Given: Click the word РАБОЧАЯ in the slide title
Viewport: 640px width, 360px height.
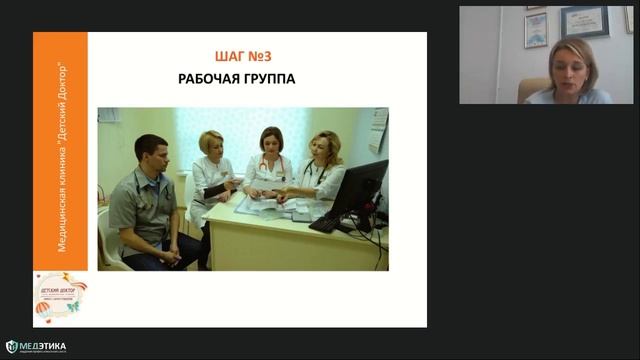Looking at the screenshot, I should click(x=214, y=77).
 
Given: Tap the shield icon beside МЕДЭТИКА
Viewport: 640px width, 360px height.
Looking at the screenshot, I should click(x=12, y=347).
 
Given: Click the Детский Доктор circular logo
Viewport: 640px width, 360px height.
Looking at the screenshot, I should click(x=60, y=297).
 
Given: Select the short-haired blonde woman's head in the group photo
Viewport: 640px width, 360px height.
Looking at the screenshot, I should click(x=211, y=144).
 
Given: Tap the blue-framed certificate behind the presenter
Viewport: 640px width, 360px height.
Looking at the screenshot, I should click(x=585, y=21).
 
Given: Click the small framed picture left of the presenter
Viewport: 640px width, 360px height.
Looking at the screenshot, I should click(x=536, y=30).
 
